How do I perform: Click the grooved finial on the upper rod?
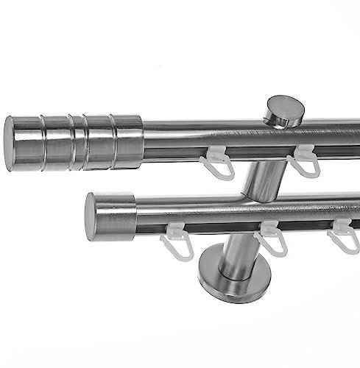tap(74, 141)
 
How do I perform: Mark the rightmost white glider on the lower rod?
tap(342, 235)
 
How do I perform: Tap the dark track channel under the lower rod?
tap(221, 226)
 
